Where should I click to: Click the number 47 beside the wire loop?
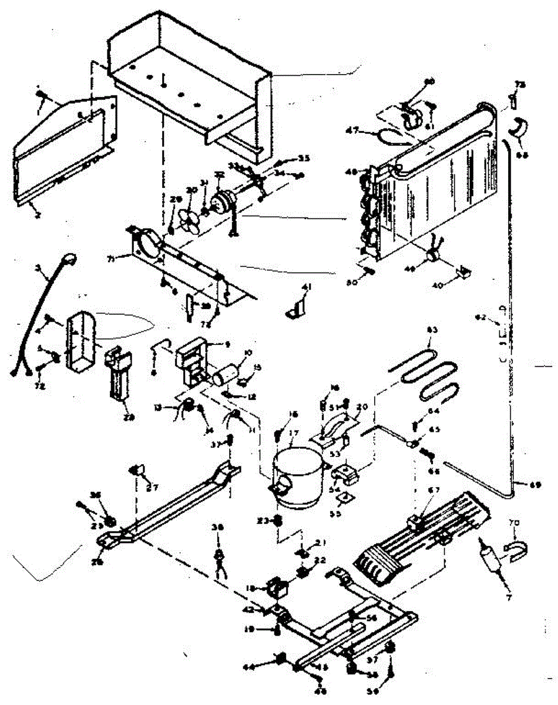(x=369, y=130)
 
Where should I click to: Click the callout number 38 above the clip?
(x=220, y=528)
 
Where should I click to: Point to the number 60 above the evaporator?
(x=429, y=81)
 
